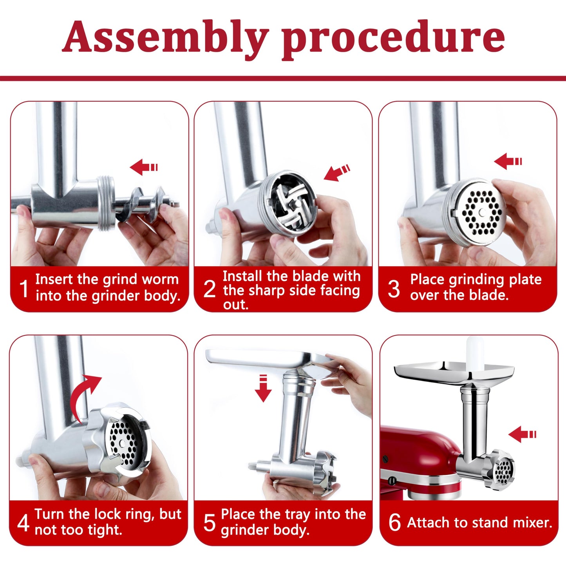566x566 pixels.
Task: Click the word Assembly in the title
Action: coord(165,37)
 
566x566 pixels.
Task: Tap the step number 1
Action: coord(24,289)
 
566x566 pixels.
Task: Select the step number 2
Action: coord(210,289)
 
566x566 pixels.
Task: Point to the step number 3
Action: coord(394,289)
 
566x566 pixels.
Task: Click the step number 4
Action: coord(23,523)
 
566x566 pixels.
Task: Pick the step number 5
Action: coord(210,523)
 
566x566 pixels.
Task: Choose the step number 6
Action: coord(394,523)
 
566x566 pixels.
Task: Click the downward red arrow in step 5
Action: coord(263,388)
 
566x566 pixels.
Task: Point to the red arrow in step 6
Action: coord(522,434)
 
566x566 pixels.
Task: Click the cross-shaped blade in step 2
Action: coord(292,204)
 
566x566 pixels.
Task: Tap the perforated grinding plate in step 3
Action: coord(481,213)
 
